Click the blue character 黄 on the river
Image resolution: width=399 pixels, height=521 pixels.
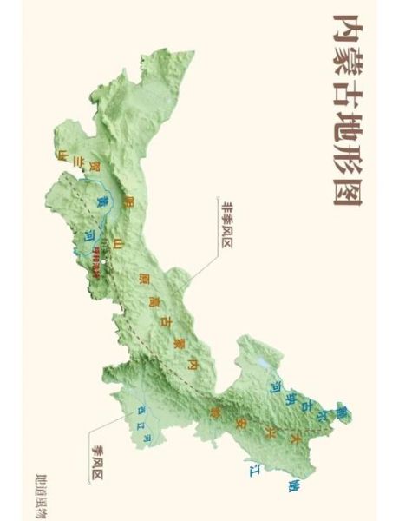(x=101, y=201)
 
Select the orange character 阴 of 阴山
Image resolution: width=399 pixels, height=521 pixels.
(x=129, y=201)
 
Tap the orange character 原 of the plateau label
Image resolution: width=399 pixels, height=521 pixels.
(x=142, y=280)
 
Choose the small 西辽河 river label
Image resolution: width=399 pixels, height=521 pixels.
(x=144, y=425)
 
